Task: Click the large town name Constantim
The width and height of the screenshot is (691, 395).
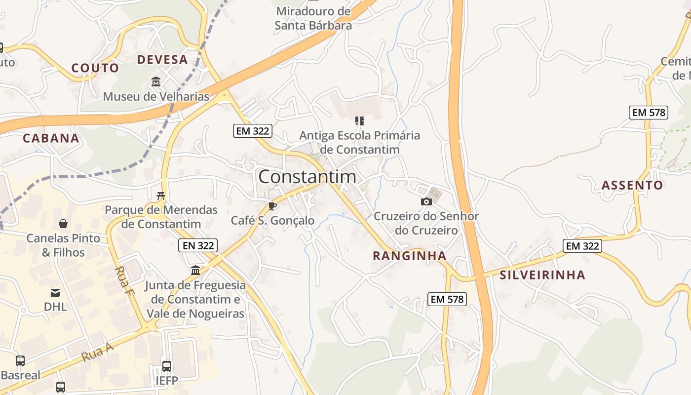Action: (x=307, y=177)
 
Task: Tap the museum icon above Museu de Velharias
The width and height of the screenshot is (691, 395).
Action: (x=156, y=81)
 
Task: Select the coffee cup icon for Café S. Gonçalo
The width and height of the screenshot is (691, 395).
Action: (x=272, y=206)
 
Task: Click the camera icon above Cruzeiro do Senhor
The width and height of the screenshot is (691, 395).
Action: (x=426, y=201)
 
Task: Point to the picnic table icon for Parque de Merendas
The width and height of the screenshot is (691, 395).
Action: (x=160, y=196)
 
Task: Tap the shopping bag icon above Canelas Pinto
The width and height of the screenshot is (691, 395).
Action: (x=63, y=224)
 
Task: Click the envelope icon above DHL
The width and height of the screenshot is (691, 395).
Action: (x=55, y=292)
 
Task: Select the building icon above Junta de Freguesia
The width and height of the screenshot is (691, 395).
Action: (x=195, y=271)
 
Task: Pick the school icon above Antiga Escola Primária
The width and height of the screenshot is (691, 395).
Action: (x=360, y=120)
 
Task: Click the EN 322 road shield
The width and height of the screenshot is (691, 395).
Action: (x=197, y=245)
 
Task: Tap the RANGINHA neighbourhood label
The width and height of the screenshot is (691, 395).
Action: (x=410, y=256)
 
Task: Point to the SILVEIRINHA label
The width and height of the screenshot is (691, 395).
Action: (x=542, y=275)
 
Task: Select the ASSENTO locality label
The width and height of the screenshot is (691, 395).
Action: (x=632, y=185)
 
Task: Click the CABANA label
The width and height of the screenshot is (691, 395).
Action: (x=51, y=138)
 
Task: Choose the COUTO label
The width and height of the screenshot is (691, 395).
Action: (x=95, y=68)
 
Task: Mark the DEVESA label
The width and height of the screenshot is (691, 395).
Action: (x=162, y=60)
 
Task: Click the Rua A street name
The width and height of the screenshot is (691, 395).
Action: (x=97, y=352)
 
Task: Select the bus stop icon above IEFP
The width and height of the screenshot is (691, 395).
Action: (x=167, y=366)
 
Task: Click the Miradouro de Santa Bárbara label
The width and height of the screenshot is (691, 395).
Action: (x=313, y=18)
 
